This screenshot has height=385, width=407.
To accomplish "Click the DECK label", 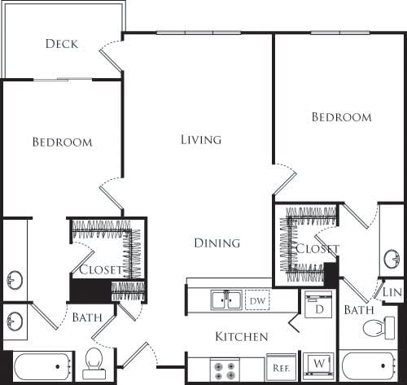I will (x=62, y=43).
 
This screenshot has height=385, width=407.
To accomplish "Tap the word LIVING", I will (x=200, y=140).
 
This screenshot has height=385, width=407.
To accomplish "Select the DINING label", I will (x=217, y=243).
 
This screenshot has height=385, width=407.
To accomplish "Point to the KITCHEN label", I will (x=242, y=336).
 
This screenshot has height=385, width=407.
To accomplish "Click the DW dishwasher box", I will (x=258, y=300).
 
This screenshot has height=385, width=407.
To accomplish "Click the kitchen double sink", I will (x=225, y=300).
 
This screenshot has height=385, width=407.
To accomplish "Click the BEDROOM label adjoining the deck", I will (x=62, y=142).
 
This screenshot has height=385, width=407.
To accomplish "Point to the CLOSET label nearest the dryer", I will (x=317, y=249).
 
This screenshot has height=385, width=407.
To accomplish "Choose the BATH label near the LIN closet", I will (x=358, y=309).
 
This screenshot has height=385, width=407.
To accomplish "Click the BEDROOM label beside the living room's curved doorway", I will (x=342, y=117).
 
